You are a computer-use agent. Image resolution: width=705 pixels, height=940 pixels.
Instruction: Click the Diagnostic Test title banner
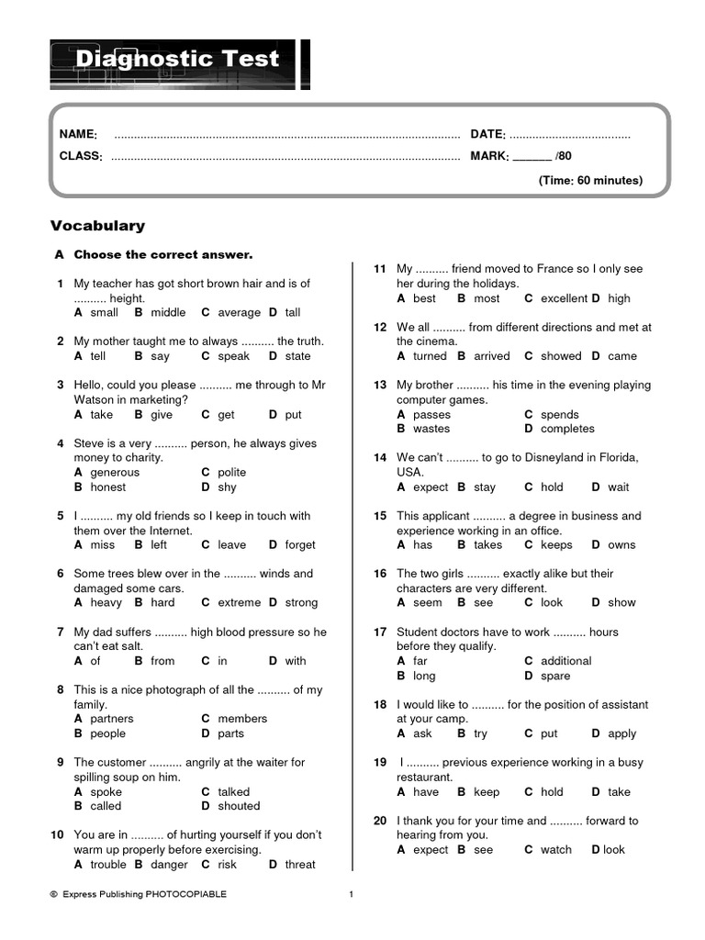pos(177,61)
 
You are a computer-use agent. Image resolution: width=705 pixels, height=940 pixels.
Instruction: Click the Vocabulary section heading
pos(97,226)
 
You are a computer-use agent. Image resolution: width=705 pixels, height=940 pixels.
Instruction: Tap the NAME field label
pos(78,134)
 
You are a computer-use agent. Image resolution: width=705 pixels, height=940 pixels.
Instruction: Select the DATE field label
pos(488,134)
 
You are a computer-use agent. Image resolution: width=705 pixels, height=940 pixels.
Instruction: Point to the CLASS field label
pos(81,156)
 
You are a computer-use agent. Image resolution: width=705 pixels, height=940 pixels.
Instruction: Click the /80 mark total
pos(563,156)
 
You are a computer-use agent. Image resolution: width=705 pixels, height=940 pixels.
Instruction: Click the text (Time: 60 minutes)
pos(590,180)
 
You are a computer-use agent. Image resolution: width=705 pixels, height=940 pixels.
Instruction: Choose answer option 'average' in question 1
pos(240,313)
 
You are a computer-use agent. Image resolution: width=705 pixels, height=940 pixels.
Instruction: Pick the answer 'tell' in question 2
pos(98,356)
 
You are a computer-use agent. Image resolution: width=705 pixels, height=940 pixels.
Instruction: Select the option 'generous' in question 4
pos(115,472)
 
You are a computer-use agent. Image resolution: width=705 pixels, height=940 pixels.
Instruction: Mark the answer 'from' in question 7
pos(162,661)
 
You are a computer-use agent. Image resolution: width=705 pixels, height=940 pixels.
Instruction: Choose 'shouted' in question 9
pos(239,806)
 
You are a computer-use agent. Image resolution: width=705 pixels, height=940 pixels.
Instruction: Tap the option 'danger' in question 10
pos(169,865)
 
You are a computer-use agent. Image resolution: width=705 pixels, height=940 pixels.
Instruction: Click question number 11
pos(379,269)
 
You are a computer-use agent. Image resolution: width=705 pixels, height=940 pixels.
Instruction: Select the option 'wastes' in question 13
pos(431,429)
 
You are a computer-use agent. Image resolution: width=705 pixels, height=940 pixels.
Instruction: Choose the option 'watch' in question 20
pos(555,850)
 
